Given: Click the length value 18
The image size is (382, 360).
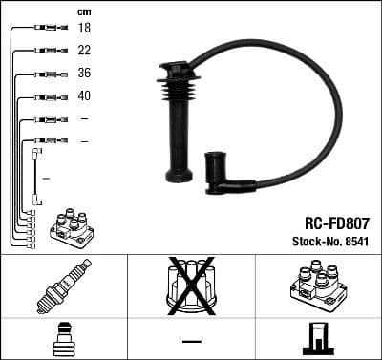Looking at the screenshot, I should tap(84, 29).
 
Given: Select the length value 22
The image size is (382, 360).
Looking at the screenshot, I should tap(84, 51).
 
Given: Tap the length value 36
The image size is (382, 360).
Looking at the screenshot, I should tap(84, 74).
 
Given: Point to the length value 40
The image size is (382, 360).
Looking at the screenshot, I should tap(84, 96).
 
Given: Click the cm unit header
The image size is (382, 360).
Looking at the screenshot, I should tap(84, 11).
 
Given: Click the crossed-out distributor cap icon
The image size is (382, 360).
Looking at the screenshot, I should tap(190, 286).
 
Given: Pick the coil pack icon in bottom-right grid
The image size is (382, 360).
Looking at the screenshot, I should tap(317, 286).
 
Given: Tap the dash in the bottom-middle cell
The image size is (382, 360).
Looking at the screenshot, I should tap(191, 341).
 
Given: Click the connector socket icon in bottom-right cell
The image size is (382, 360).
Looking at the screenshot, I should tap(317, 339).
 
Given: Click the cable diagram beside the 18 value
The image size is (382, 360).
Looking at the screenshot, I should tap(47, 29).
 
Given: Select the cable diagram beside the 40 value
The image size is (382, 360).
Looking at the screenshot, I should tap(47, 96).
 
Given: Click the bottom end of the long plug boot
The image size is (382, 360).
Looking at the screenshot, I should tap(179, 175).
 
